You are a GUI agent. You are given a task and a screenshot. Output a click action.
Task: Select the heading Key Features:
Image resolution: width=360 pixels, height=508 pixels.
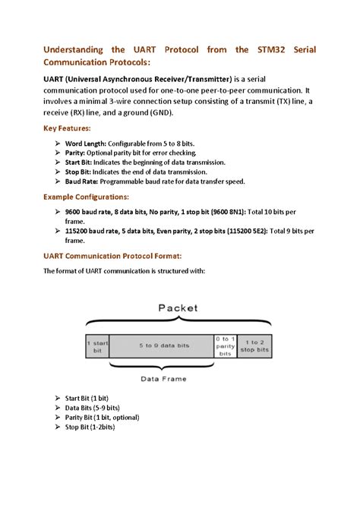(x=66, y=128)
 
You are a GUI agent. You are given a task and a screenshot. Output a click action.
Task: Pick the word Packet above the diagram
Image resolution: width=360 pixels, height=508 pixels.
(x=177, y=308)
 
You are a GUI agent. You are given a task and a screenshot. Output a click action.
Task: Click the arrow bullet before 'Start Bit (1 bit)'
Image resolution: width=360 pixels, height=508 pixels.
(x=58, y=398)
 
